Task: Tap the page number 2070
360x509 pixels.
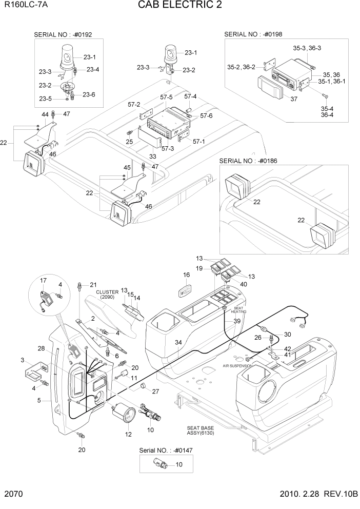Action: coord(14,496)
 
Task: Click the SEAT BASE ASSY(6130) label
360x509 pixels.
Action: coord(201,430)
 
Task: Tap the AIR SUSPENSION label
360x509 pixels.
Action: coord(237,366)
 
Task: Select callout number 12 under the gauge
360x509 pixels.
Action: coord(128,434)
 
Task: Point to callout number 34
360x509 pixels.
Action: coord(177,342)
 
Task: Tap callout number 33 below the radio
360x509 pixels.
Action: coord(152,156)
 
